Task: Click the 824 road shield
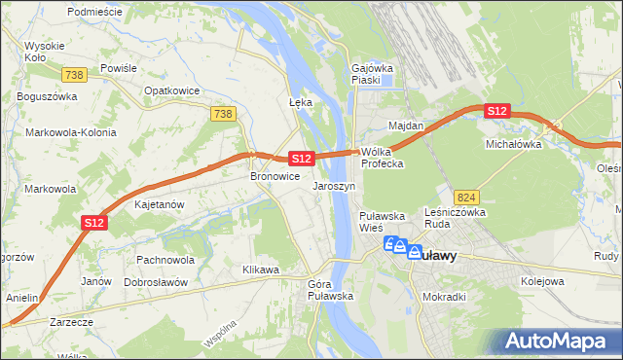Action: pos(466,197)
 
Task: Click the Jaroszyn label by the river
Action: pos(334,185)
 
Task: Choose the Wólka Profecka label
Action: pos(382,158)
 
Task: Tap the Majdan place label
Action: pos(406,126)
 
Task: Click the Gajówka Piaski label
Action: pos(370,74)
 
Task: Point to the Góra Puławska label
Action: pos(330,289)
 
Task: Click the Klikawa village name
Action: pos(261,268)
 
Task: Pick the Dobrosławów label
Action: pos(155,282)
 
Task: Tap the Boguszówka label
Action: pos(46,97)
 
